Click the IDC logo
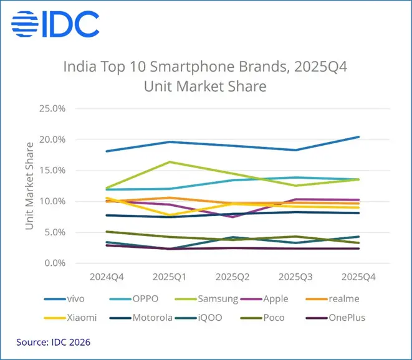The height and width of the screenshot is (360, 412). pyautogui.click(x=55, y=24)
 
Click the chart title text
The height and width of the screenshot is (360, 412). pyautogui.click(x=205, y=75)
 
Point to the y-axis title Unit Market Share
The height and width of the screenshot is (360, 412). pyautogui.click(x=29, y=186)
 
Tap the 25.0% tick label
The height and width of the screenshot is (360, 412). pyautogui.click(x=52, y=108)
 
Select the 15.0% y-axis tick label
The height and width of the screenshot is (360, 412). pyautogui.click(x=52, y=171)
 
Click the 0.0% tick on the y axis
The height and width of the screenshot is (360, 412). pyautogui.click(x=55, y=263)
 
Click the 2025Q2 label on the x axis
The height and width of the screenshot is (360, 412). pyautogui.click(x=232, y=275)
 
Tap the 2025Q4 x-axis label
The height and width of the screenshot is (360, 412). pyautogui.click(x=358, y=275)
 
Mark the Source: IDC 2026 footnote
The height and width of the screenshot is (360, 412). pyautogui.click(x=54, y=342)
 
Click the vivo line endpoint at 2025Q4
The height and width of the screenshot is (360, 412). pyautogui.click(x=358, y=137)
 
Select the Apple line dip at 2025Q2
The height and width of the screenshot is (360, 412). pyautogui.click(x=232, y=217)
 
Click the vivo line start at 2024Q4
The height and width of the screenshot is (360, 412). pyautogui.click(x=106, y=151)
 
